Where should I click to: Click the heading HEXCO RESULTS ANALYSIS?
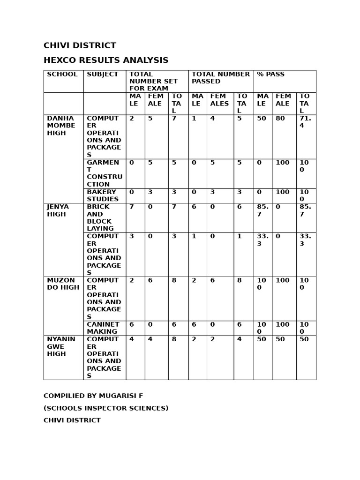point(106,60)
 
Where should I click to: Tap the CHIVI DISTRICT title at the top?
point(80,45)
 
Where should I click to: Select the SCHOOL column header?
point(62,75)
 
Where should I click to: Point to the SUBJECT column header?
point(102,75)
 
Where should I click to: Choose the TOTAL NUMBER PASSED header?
point(220,78)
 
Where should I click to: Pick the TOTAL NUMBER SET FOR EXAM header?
point(153,81)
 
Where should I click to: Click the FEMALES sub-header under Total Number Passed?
point(219,100)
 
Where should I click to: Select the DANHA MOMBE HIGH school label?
point(61,126)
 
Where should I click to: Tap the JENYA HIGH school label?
point(58,210)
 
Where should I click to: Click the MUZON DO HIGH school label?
point(63,284)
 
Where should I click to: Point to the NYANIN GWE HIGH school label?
point(61,346)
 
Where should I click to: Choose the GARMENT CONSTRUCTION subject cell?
point(104,173)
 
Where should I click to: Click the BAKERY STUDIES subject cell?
point(102,195)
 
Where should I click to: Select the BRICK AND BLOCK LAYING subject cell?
point(100,217)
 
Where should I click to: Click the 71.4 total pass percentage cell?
point(305,122)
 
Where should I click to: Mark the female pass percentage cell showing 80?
point(280,119)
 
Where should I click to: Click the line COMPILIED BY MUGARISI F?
point(93,396)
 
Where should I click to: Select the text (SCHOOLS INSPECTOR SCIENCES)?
point(106,408)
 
